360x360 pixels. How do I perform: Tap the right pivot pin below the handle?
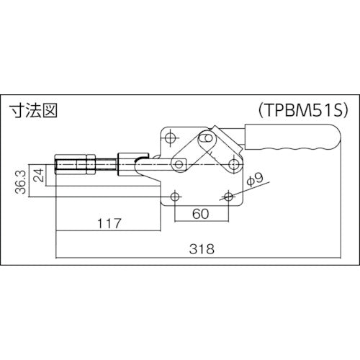pyautogui.click(x=233, y=165)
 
